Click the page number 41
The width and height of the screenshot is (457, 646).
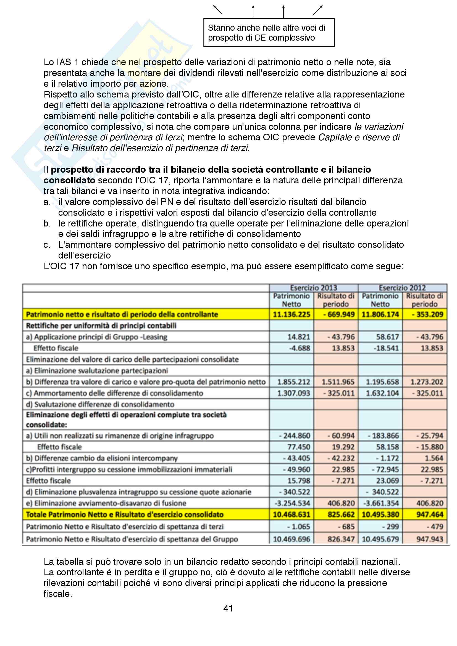click(228, 608)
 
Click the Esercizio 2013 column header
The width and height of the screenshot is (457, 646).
click(314, 288)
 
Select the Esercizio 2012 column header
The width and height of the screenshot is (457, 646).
click(402, 288)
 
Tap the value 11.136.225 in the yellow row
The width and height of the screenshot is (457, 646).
click(291, 314)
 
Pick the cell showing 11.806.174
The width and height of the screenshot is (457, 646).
click(380, 314)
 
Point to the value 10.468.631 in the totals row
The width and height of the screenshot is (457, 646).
click(291, 515)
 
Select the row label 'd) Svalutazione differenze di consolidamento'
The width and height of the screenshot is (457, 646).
click(100, 404)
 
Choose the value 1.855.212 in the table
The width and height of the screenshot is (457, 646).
click(293, 382)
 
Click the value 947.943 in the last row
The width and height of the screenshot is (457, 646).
click(430, 539)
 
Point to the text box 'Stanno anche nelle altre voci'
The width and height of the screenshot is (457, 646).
click(269, 33)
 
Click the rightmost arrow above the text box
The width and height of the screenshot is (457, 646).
click(317, 10)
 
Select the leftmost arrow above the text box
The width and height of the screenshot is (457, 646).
click(218, 10)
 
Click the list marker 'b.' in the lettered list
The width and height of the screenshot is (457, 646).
click(47, 223)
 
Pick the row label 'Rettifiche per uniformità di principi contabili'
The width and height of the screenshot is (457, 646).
click(101, 326)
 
